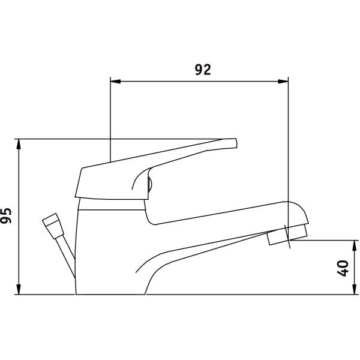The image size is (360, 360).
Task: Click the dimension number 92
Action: pyautogui.click(x=203, y=70)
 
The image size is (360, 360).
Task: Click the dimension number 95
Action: pyautogui.click(x=6, y=215)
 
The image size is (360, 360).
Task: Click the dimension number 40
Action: pyautogui.click(x=343, y=268)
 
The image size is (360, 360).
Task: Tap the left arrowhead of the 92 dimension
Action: pyautogui.click(x=115, y=82)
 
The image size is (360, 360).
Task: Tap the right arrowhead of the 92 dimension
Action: pyautogui.click(x=283, y=82)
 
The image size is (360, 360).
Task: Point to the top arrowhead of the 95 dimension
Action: pyautogui.click(x=19, y=144)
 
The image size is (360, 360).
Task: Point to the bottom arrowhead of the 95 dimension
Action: pyautogui.click(x=19, y=289)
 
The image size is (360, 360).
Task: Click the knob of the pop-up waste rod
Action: pyautogui.click(x=53, y=226)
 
